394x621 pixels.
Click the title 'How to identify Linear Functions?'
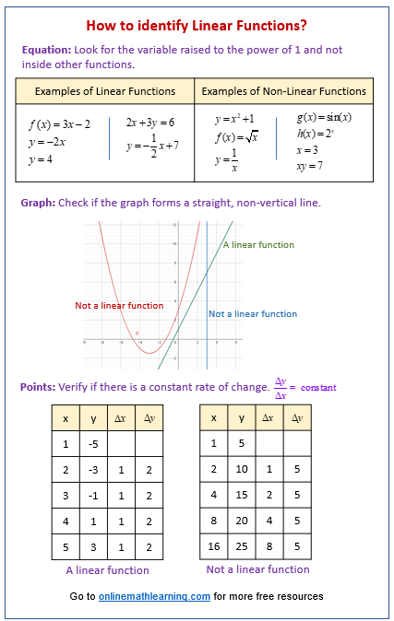[197, 25]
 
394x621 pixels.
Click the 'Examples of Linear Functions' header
[104, 91]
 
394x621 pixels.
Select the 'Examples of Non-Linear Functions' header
[283, 91]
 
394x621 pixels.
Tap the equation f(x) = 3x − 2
[59, 123]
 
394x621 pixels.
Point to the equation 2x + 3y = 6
[150, 123]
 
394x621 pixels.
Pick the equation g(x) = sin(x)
[324, 118]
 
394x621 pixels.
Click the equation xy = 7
[309, 165]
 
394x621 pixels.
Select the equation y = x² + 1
[234, 120]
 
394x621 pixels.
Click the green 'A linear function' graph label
[258, 245]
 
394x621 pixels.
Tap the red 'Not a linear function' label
[119, 305]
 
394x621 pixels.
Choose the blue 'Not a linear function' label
[253, 314]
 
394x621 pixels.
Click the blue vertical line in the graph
[207, 276]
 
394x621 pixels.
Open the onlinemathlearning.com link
[155, 596]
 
